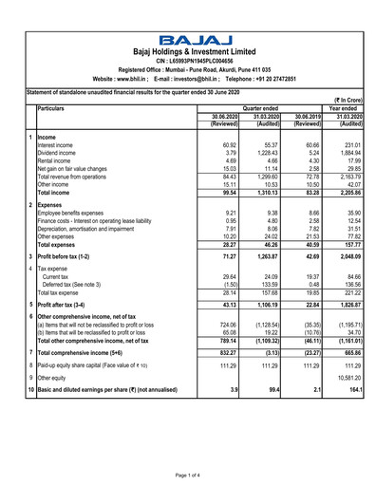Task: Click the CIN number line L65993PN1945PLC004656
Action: pos(194,61)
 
